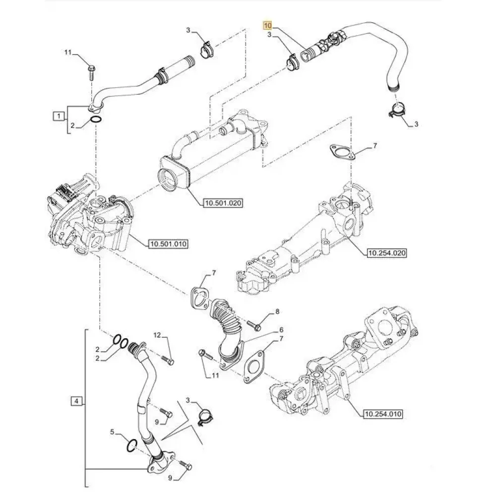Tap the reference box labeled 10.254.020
point(386,253)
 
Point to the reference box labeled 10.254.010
point(382,413)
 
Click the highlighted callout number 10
point(268,25)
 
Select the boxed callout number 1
point(59,117)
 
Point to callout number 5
point(113,433)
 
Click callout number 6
point(281,329)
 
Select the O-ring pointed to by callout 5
point(131,445)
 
